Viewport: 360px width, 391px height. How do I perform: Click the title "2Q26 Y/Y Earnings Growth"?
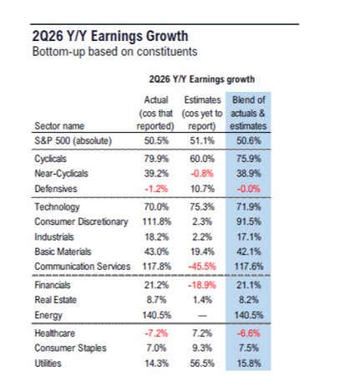coord(110,36)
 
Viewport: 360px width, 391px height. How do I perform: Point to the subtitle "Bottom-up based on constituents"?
coord(114,52)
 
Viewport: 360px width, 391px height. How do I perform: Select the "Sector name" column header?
coord(59,126)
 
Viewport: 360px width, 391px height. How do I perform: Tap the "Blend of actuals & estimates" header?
coord(248,113)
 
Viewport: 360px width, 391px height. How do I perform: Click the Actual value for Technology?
coord(156,207)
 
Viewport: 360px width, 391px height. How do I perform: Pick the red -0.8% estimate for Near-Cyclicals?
coord(202,174)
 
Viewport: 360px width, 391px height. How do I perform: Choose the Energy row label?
coord(48,315)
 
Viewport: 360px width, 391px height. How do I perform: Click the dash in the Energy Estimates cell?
coord(202,316)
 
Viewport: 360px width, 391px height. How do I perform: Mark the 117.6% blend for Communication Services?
coord(249,267)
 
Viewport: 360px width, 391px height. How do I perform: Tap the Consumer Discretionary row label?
coord(81,221)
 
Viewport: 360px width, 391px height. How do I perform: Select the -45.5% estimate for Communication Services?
coord(202,267)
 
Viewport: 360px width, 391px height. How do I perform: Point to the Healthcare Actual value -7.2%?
coord(156,333)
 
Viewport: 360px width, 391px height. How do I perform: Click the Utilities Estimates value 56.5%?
coord(202,363)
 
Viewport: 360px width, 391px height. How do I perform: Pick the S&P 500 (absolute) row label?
coord(73,140)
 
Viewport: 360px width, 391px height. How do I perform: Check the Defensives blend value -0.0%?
coord(249,189)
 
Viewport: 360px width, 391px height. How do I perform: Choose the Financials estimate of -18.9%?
coord(202,285)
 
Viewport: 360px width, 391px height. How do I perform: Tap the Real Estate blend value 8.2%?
coord(249,300)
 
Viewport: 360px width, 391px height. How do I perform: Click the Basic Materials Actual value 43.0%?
coord(156,251)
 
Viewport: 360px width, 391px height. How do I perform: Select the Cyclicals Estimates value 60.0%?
coord(202,159)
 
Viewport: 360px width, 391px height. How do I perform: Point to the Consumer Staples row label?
coord(70,348)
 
